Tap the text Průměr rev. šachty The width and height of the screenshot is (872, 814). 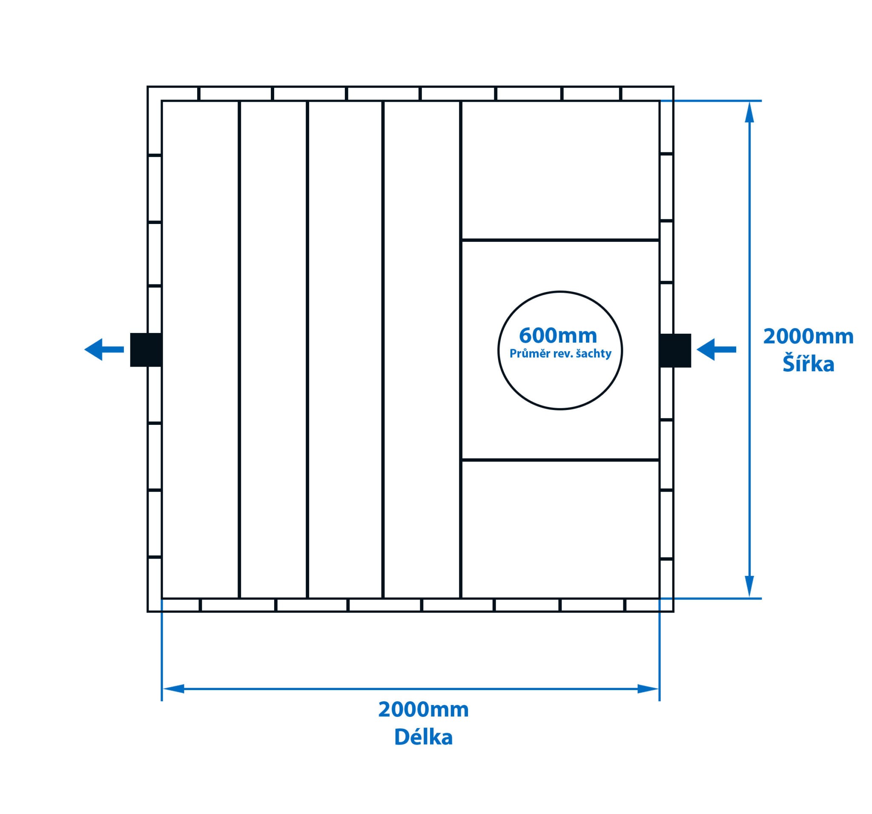pyautogui.click(x=560, y=353)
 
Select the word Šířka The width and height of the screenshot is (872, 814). pyautogui.click(x=808, y=364)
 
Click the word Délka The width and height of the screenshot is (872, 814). pyautogui.click(x=423, y=737)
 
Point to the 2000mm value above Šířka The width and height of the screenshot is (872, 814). pyautogui.click(x=808, y=337)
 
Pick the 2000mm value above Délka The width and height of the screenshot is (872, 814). pyautogui.click(x=423, y=710)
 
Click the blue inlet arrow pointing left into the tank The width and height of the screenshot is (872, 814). pyautogui.click(x=716, y=350)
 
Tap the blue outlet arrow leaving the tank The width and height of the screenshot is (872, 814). pyautogui.click(x=103, y=350)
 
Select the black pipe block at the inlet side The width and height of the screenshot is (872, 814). pyautogui.click(x=675, y=350)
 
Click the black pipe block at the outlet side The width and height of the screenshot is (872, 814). pyautogui.click(x=146, y=350)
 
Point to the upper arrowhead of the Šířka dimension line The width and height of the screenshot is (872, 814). pyautogui.click(x=750, y=112)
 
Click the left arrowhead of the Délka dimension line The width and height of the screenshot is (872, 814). pyautogui.click(x=174, y=688)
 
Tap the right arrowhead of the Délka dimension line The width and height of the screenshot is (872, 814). pyautogui.click(x=648, y=688)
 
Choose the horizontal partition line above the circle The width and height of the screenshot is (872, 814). pyautogui.click(x=560, y=240)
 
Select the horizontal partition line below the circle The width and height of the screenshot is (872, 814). pyautogui.click(x=560, y=460)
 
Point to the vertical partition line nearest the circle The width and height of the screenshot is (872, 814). pyautogui.click(x=461, y=175)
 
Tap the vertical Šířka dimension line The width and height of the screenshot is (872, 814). pyautogui.click(x=750, y=263)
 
